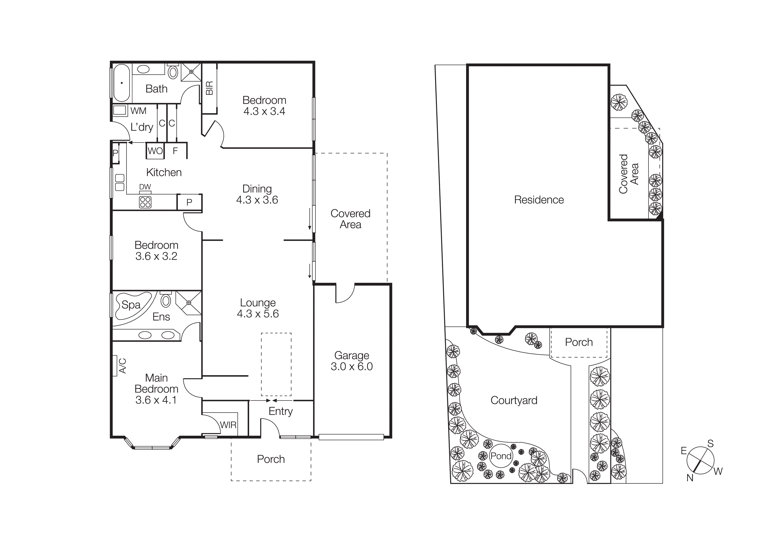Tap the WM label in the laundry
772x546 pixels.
click(x=138, y=111)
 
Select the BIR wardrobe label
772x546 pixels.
click(x=209, y=88)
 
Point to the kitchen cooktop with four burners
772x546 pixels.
click(x=145, y=202)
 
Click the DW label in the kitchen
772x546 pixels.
click(x=145, y=187)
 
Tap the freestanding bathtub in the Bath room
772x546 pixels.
click(x=121, y=83)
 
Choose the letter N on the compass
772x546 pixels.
click(x=690, y=478)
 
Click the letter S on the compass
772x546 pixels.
click(x=710, y=444)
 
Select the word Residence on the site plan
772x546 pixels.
click(x=539, y=200)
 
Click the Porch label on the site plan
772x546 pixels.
click(x=578, y=342)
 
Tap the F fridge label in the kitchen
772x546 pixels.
click(x=175, y=151)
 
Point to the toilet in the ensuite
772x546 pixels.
click(x=166, y=300)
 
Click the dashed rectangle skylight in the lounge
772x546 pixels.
click(x=276, y=364)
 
